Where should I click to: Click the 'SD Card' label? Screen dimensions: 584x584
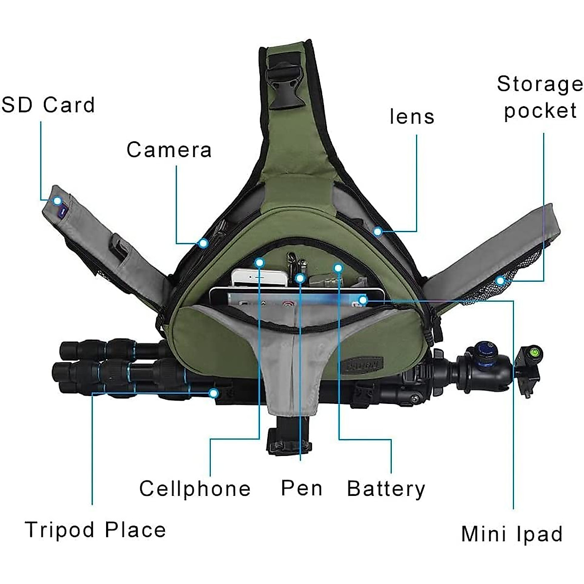pyautogui.click(x=48, y=105)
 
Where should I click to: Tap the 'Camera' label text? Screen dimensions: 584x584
pyautogui.click(x=169, y=150)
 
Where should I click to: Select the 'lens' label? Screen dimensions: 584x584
pyautogui.click(x=412, y=117)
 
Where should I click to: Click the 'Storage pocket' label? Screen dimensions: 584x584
pyautogui.click(x=540, y=97)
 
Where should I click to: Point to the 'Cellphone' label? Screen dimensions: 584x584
pyautogui.click(x=195, y=489)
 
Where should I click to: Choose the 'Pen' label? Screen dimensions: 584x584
pyautogui.click(x=302, y=488)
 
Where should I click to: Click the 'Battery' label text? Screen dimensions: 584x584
pyautogui.click(x=386, y=489)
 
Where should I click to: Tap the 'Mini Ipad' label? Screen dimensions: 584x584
pyautogui.click(x=511, y=534)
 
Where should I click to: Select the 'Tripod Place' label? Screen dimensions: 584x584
pyautogui.click(x=95, y=529)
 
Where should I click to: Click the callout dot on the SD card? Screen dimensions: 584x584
pyautogui.click(x=57, y=201)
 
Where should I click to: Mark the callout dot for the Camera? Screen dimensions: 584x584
pyautogui.click(x=203, y=243)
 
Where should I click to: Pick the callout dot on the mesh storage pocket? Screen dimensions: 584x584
pyautogui.click(x=500, y=280)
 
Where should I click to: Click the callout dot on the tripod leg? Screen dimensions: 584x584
pyautogui.click(x=213, y=392)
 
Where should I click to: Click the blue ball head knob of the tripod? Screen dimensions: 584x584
pyautogui.click(x=484, y=351)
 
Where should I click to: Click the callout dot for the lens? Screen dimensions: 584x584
pyautogui.click(x=378, y=232)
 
